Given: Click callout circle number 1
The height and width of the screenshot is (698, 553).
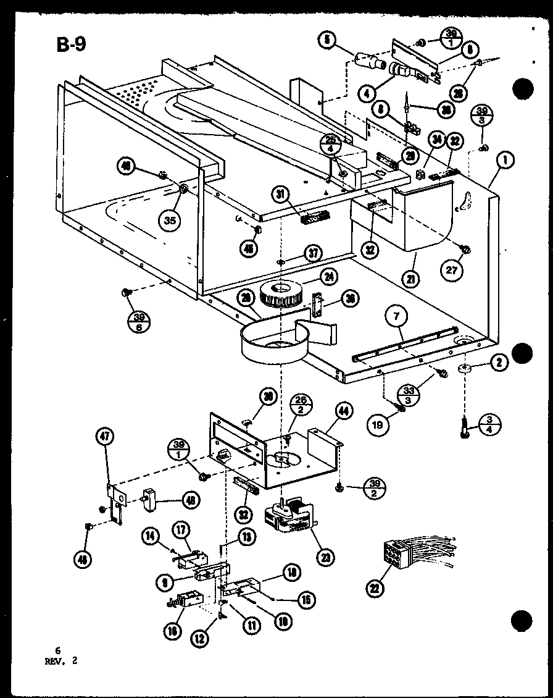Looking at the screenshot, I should (505, 162).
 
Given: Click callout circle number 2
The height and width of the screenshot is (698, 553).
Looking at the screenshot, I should (499, 363).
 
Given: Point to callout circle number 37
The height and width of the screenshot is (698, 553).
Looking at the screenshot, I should (314, 253).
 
